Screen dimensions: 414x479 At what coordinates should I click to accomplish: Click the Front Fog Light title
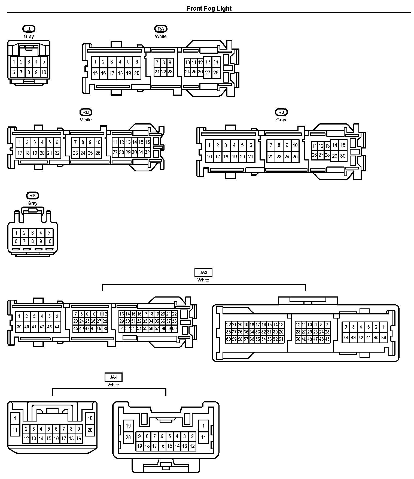coord(209,8)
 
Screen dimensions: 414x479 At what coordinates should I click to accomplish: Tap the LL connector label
coord(29,29)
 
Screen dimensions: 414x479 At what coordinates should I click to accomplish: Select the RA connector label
coord(161,29)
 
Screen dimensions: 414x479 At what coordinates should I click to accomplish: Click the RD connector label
coord(86,112)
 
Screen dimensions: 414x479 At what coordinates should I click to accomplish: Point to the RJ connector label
coord(281,112)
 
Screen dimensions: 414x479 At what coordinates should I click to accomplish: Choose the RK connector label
coord(33,196)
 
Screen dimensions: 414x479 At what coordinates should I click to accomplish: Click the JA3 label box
coord(203,272)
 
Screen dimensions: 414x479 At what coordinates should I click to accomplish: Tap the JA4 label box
coord(113,377)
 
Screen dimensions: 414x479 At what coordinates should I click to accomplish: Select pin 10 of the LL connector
coord(44,72)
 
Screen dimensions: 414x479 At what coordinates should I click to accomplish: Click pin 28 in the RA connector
coord(216,72)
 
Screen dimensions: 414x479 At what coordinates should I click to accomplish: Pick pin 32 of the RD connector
coord(147,152)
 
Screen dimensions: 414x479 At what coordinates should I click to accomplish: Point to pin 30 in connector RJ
coord(343,156)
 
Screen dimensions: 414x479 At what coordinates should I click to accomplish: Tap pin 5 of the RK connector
coord(49,233)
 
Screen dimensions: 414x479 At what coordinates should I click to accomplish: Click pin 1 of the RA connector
coord(95,62)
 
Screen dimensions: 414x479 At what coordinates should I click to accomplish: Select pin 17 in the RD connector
coord(20,153)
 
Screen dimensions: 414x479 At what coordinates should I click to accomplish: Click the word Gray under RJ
coord(281,120)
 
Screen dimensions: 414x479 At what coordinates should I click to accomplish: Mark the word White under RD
coord(86,120)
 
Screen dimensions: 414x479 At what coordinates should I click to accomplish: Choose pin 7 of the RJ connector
coord(271,145)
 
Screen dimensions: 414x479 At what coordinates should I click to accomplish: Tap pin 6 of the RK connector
coord(16,241)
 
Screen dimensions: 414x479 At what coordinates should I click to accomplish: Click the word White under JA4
coord(113,385)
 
